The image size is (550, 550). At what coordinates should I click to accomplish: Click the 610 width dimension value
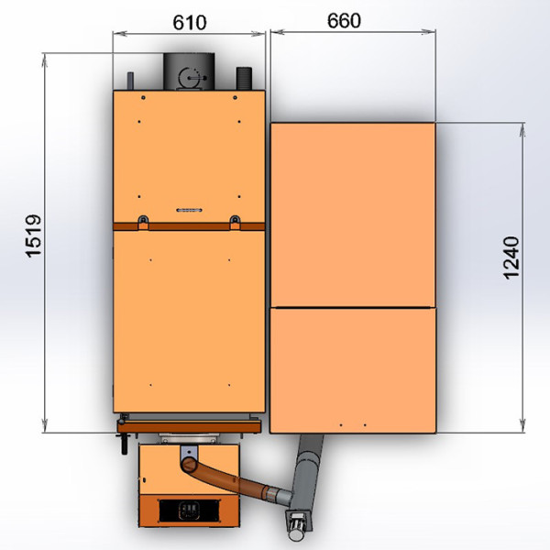[190, 23]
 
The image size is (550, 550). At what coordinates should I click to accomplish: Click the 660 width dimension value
[344, 21]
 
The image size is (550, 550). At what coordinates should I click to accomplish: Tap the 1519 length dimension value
[34, 236]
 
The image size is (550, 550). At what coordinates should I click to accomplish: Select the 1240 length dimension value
[511, 258]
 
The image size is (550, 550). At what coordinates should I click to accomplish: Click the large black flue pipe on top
[189, 71]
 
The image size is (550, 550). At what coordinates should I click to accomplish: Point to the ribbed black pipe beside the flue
[245, 78]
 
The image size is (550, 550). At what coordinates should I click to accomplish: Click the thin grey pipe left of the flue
[130, 81]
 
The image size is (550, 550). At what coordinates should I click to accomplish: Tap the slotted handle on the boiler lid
[189, 210]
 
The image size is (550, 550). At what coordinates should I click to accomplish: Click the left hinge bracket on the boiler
[143, 222]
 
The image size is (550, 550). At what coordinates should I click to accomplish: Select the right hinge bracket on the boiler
[235, 222]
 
